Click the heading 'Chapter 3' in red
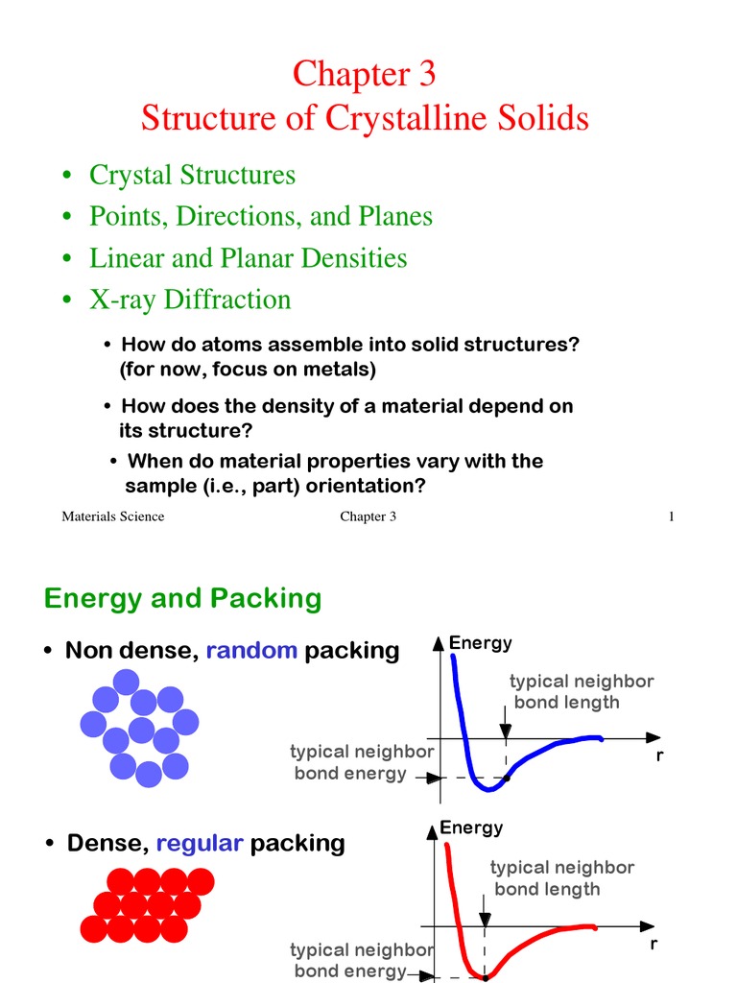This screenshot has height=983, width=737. tap(364, 74)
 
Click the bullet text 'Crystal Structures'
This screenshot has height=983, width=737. tap(192, 175)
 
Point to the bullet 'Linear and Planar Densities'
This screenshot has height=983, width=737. tap(248, 257)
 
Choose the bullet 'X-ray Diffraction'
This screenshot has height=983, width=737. tap(189, 299)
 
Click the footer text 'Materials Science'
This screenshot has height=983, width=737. tap(113, 516)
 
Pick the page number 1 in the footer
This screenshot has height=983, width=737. tap(672, 516)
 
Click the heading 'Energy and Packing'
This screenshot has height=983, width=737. tap(182, 598)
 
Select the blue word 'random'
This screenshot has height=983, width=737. tap(251, 650)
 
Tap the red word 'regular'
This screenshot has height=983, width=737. tap(200, 843)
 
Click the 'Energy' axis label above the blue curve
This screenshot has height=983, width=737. tap(481, 642)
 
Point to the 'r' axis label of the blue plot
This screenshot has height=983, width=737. tap(660, 755)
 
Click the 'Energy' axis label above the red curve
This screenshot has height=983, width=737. tap(471, 827)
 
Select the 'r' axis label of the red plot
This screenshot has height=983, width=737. tap(654, 943)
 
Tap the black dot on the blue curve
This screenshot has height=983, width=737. tap(506, 777)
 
